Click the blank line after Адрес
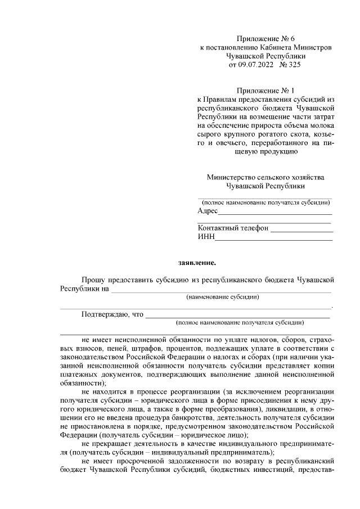tap(275, 212)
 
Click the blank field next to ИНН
tap(274, 238)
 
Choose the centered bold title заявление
tap(196, 262)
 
